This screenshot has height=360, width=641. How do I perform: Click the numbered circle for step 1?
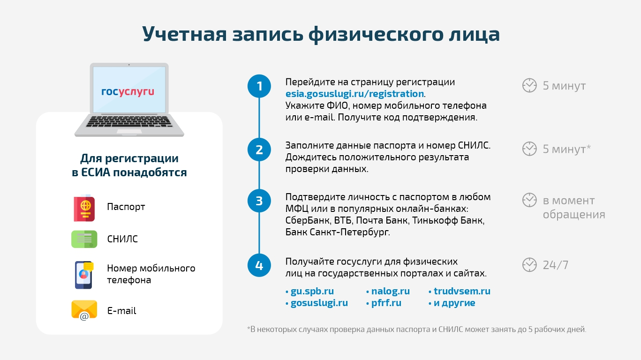259,86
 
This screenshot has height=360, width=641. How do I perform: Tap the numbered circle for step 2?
259,150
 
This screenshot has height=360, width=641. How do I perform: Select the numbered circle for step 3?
259,201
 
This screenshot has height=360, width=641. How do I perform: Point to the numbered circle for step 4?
259,265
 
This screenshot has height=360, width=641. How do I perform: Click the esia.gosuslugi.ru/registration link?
354,94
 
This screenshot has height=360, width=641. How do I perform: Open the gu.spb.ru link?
312,291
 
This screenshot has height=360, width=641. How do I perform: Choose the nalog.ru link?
390,291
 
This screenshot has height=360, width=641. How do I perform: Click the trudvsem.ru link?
462,291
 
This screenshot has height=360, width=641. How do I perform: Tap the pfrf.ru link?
386,303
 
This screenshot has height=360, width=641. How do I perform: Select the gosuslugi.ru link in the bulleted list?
319,303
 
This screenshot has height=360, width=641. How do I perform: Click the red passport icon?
84,208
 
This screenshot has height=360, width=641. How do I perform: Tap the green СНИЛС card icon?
84,239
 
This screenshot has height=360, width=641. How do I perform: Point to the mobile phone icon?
84,275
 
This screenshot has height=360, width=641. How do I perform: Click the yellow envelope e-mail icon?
84,310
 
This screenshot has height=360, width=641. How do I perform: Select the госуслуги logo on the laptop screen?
128,92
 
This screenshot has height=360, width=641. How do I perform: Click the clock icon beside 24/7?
529,264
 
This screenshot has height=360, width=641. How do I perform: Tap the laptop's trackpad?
129,132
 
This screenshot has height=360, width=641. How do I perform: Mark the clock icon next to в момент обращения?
529,200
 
